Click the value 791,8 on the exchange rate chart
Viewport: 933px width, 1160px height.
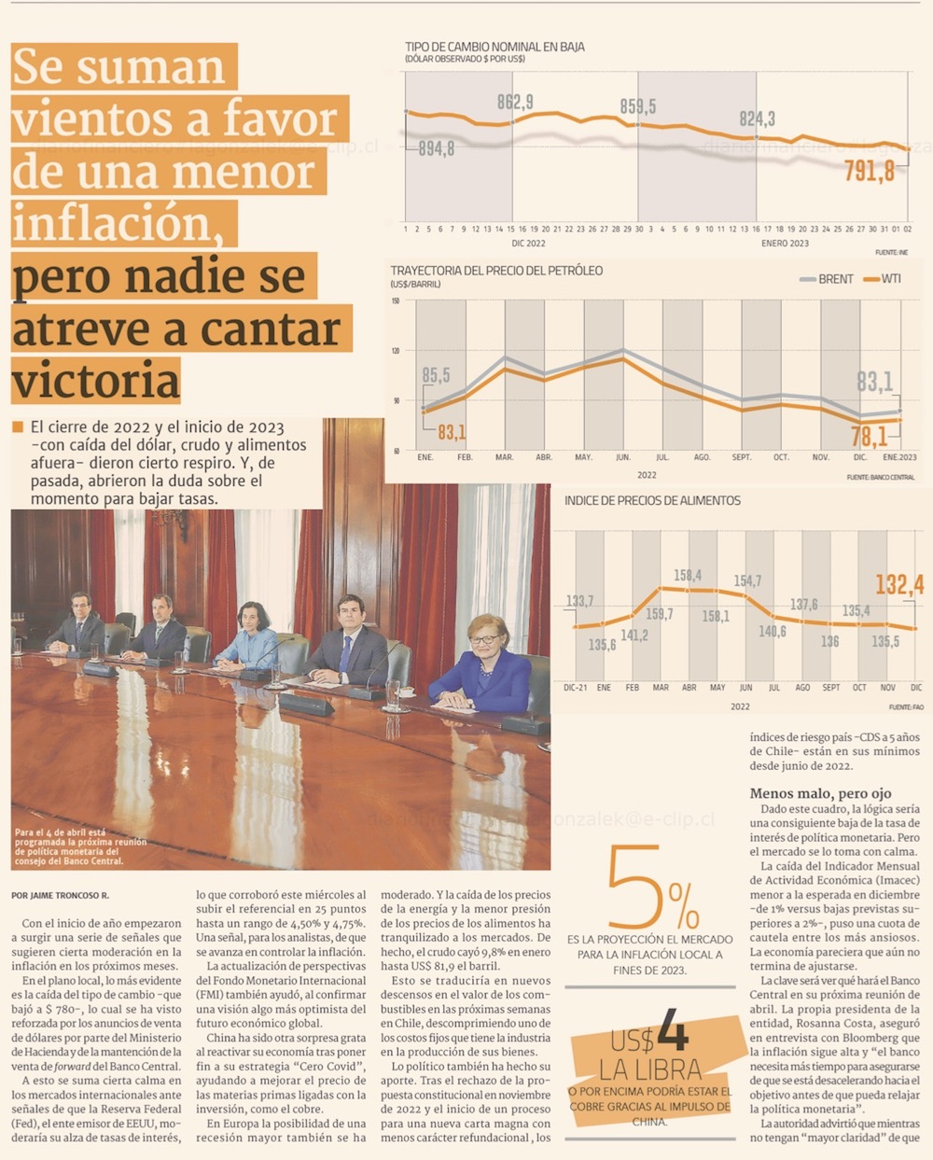click(x=869, y=171)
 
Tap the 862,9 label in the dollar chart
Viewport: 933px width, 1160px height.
click(x=515, y=102)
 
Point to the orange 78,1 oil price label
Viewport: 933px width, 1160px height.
click(x=869, y=436)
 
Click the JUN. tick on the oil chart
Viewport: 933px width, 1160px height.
click(x=622, y=457)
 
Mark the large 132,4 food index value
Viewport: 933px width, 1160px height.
click(x=898, y=584)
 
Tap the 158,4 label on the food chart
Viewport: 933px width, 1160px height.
click(x=688, y=576)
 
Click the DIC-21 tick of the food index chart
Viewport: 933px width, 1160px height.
click(x=576, y=688)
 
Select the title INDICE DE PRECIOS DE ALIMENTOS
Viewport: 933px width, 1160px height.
click(x=652, y=501)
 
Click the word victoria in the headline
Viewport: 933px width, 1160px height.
click(x=96, y=381)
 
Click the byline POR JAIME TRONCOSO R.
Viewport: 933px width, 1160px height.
click(x=60, y=895)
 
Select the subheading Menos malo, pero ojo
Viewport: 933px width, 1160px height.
click(x=820, y=793)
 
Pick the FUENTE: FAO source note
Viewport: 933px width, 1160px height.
click(x=905, y=707)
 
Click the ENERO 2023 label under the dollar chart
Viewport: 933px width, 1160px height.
click(x=785, y=244)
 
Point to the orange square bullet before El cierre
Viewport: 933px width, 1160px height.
click(x=18, y=427)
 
